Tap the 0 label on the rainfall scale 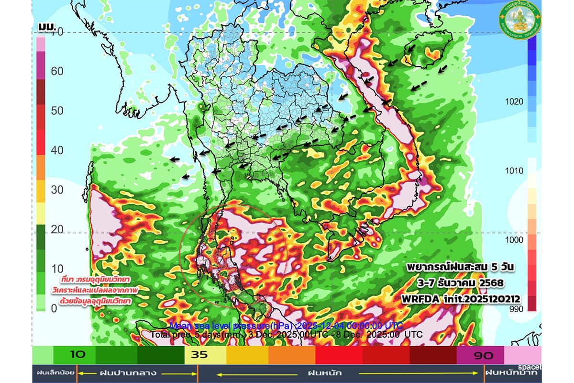click(x=54, y=309)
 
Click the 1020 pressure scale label click(x=514, y=101)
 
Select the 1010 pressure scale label click(x=514, y=171)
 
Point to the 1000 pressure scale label click(x=514, y=240)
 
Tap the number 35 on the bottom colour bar click(x=199, y=356)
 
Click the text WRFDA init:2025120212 click(x=462, y=299)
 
